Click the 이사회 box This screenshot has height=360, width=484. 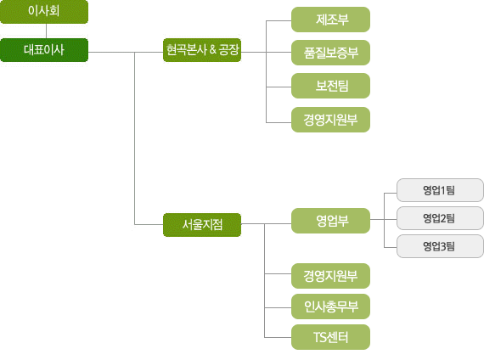click(x=44, y=12)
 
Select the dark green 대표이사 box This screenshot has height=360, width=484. click(x=44, y=50)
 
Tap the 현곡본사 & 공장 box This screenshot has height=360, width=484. click(x=202, y=50)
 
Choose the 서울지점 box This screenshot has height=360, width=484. click(x=202, y=225)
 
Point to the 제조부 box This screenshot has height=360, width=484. click(x=330, y=20)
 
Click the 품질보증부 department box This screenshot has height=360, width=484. click(x=330, y=53)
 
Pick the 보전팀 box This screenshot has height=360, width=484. click(x=330, y=86)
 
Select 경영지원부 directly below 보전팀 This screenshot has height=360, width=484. click(x=330, y=120)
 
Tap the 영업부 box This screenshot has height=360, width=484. click(x=330, y=221)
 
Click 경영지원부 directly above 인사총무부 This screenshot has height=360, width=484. click(x=330, y=276)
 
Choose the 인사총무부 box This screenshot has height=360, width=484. click(x=330, y=307)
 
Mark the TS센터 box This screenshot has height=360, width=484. click(x=330, y=337)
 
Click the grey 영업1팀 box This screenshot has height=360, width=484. click(x=440, y=190)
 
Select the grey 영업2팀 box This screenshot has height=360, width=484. click(x=440, y=218)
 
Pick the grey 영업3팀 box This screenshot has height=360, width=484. click(x=440, y=246)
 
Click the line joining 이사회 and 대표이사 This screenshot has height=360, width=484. click(x=47, y=31)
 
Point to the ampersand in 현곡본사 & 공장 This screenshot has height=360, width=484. click(x=212, y=49)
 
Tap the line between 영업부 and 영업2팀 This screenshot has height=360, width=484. click(x=383, y=220)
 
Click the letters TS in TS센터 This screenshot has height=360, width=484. click(x=320, y=337)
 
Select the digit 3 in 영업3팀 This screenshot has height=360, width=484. click(x=443, y=246)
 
